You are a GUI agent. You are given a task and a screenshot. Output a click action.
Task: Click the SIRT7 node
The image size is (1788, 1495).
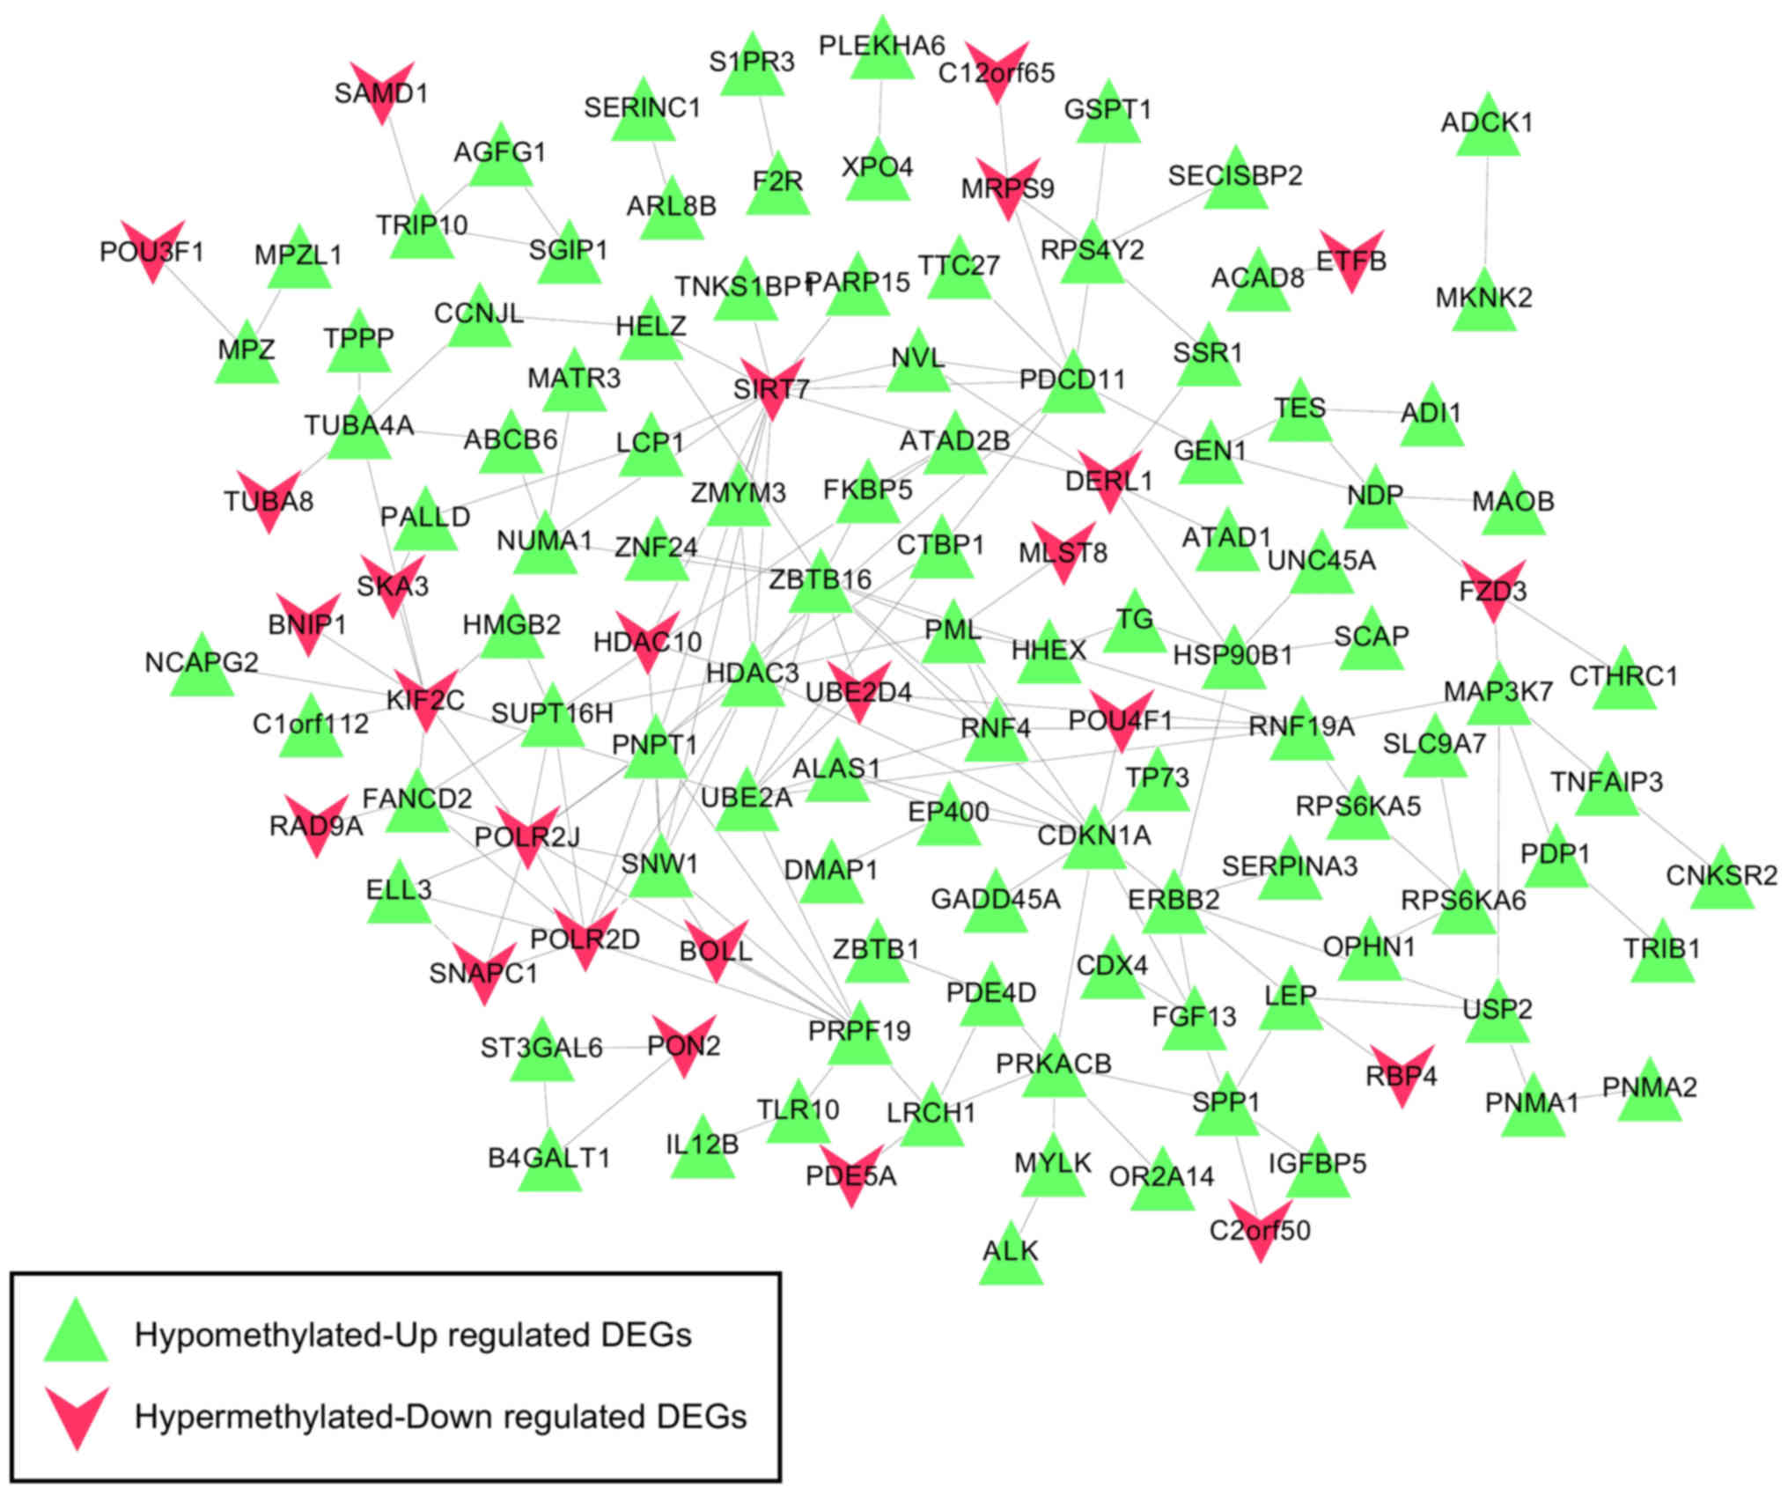771,387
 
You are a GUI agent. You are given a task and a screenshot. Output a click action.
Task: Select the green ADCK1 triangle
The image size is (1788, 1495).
1487,129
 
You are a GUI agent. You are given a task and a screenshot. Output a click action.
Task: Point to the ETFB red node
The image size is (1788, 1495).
1351,258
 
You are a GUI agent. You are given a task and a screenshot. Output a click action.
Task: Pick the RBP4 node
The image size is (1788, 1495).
1402,1072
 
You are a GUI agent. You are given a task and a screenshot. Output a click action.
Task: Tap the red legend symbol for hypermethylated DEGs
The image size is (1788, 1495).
77,1416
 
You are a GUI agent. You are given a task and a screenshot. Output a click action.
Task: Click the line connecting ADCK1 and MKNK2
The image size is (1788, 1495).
1486,211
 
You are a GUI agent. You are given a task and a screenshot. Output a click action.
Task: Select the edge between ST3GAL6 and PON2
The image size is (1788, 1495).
616,1048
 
